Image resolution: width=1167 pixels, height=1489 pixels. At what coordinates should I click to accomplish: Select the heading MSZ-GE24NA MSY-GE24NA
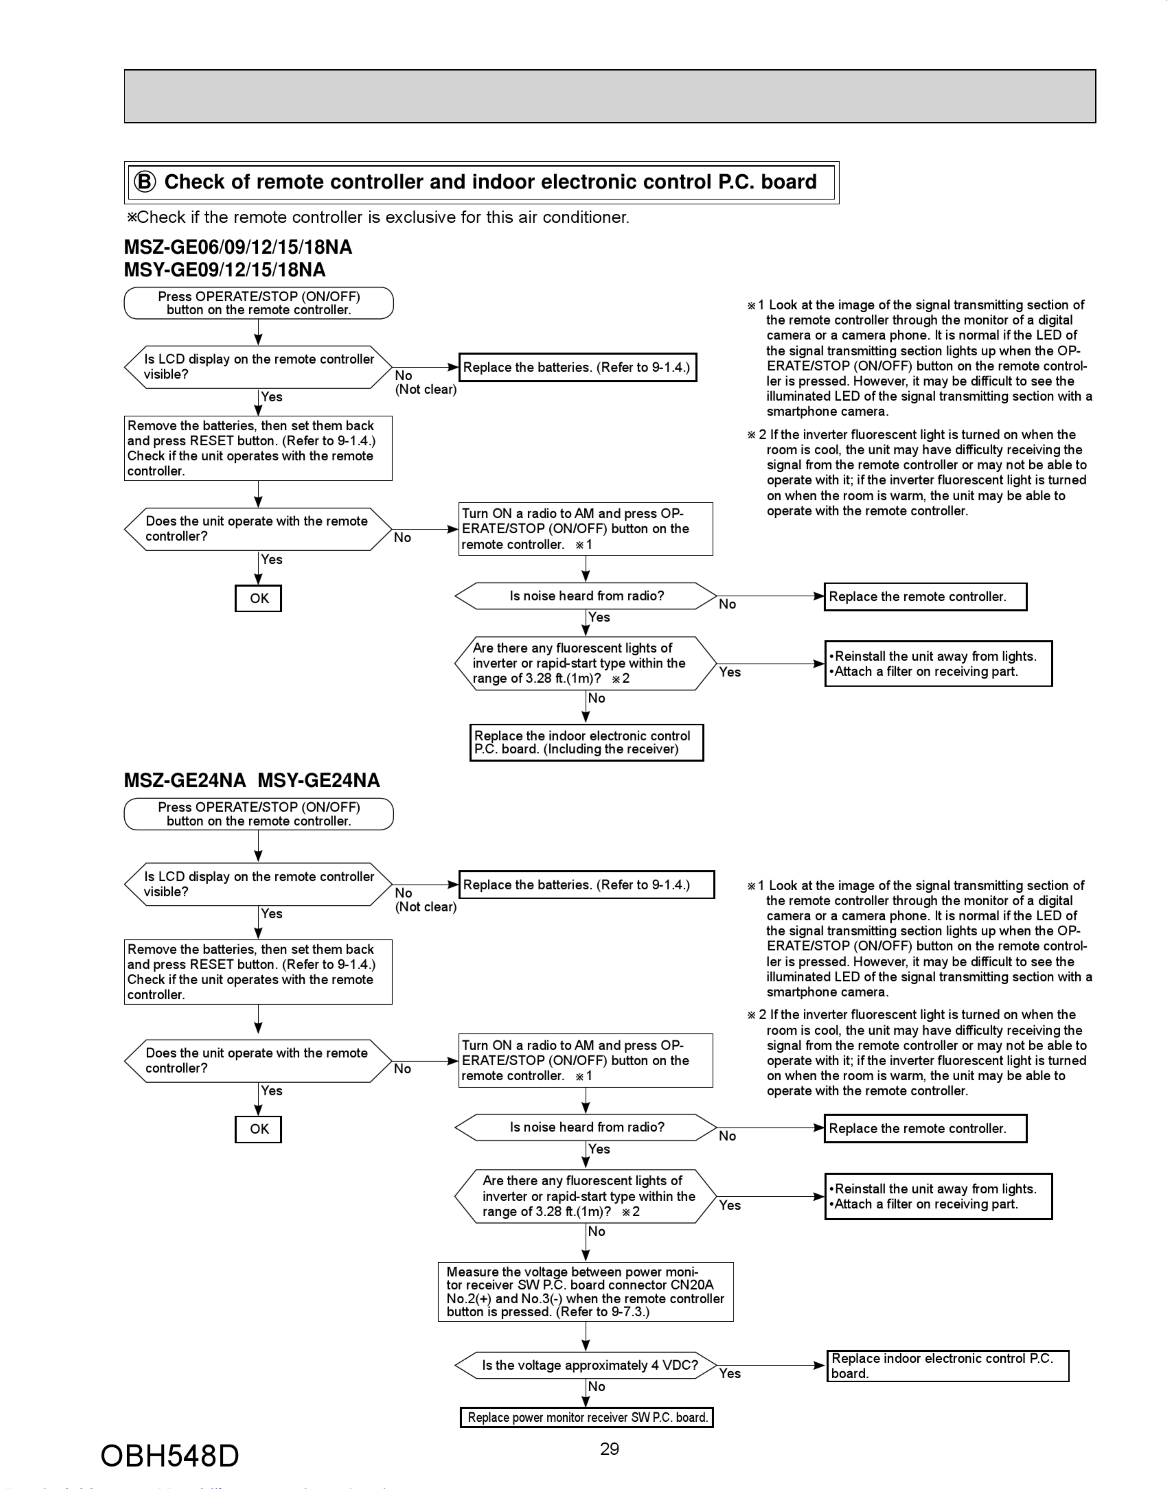pos(252,780)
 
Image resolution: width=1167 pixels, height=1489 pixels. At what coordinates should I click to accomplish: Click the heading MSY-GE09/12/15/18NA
pos(225,270)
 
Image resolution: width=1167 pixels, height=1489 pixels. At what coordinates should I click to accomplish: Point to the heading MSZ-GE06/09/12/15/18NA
pos(238,247)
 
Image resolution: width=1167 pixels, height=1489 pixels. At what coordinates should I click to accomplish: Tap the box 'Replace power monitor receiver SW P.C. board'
pos(586,1417)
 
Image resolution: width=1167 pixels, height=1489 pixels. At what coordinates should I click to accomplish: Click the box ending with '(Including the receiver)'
pos(586,742)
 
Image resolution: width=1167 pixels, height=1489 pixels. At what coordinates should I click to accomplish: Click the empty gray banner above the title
pos(610,96)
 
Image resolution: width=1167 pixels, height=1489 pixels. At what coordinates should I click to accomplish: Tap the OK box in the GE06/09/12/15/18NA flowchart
pos(258,598)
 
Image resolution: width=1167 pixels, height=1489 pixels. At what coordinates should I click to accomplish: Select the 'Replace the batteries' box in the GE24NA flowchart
pos(586,884)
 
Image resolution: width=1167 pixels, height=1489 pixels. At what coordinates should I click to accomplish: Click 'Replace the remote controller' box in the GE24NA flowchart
pos(925,1128)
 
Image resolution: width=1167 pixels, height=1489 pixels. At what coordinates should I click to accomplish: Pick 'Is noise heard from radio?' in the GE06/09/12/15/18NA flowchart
pos(586,596)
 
